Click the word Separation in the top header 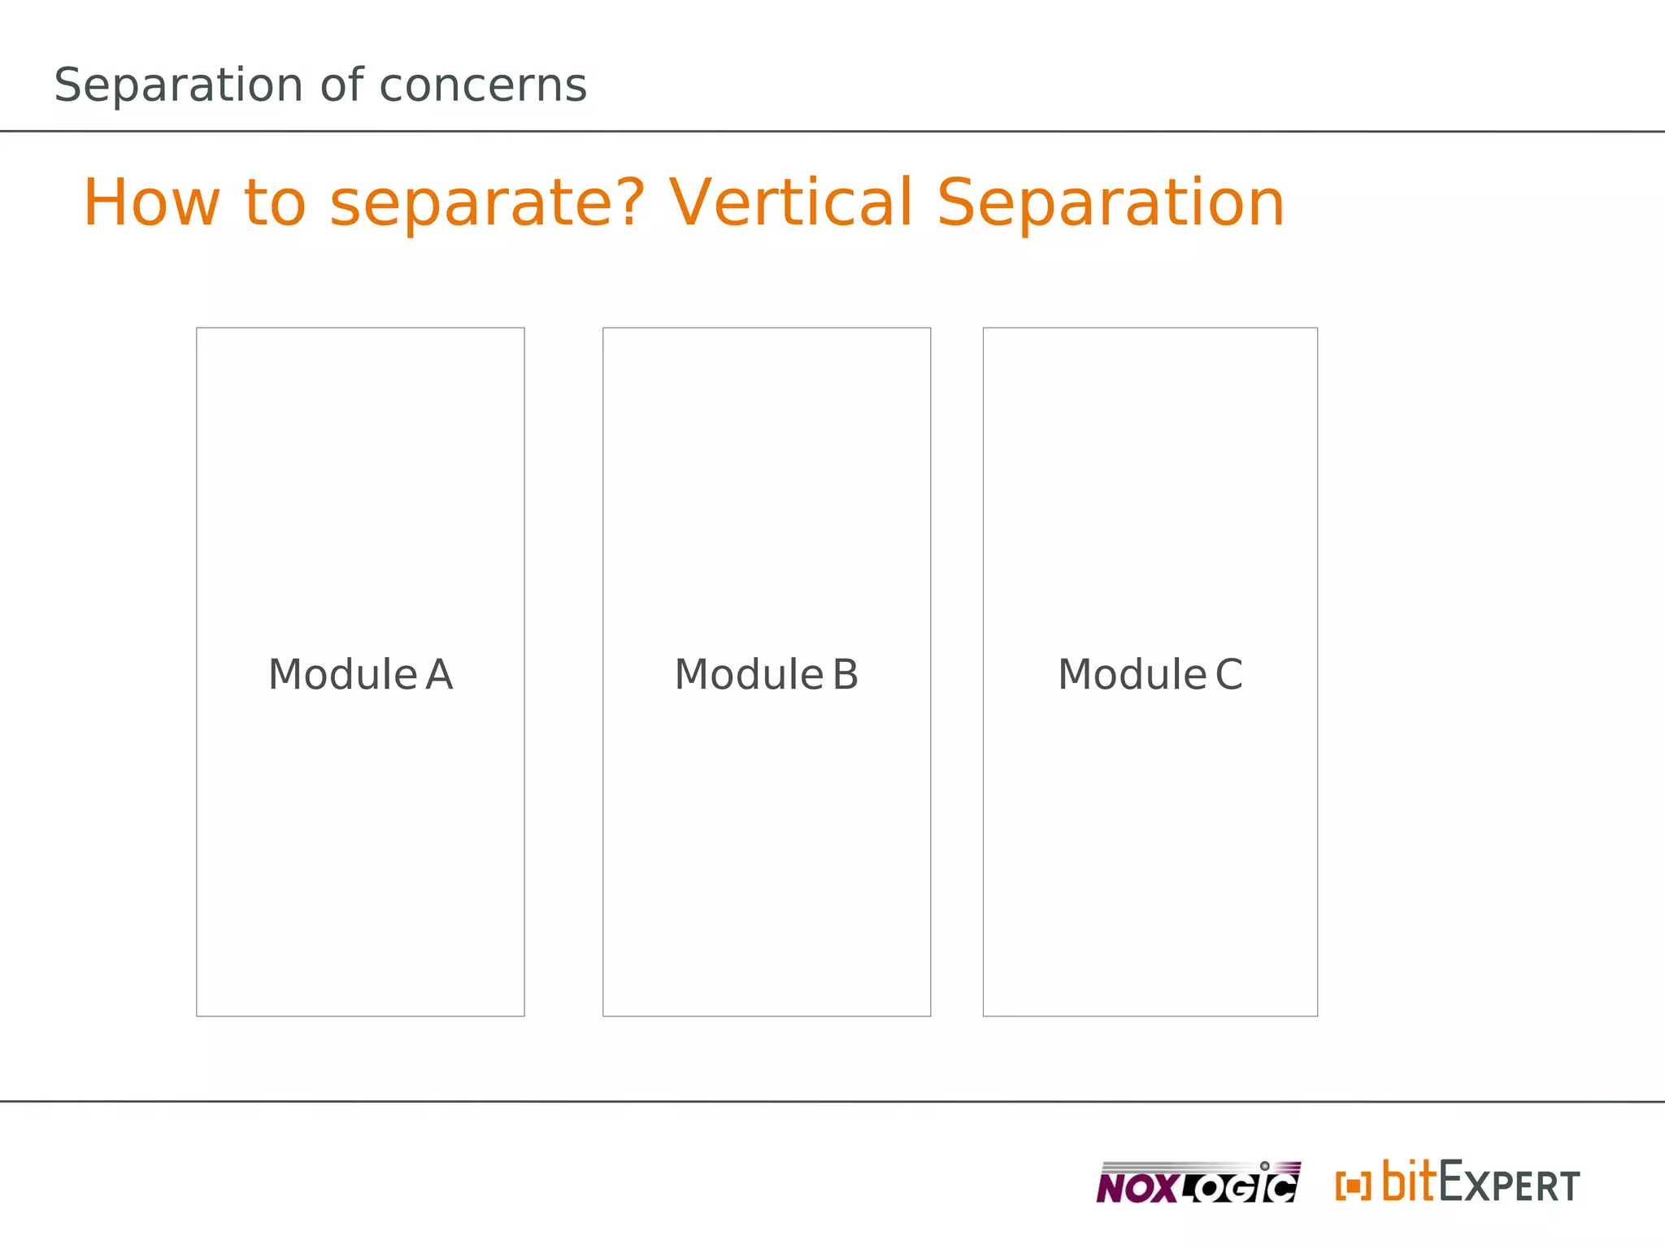tap(178, 85)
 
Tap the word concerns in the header tap(483, 85)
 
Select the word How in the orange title tap(151, 202)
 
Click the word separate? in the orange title tap(487, 204)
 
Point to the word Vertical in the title tap(790, 202)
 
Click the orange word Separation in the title tap(1111, 204)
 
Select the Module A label tap(360, 674)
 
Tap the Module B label tap(766, 674)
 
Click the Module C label tap(1150, 674)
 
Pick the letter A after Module tap(439, 674)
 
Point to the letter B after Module tap(846, 674)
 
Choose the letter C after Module tap(1228, 674)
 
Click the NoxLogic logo tap(1198, 1183)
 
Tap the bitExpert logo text tap(1480, 1182)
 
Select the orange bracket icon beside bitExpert tap(1353, 1186)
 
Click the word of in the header tap(341, 85)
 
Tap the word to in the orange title tap(275, 202)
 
